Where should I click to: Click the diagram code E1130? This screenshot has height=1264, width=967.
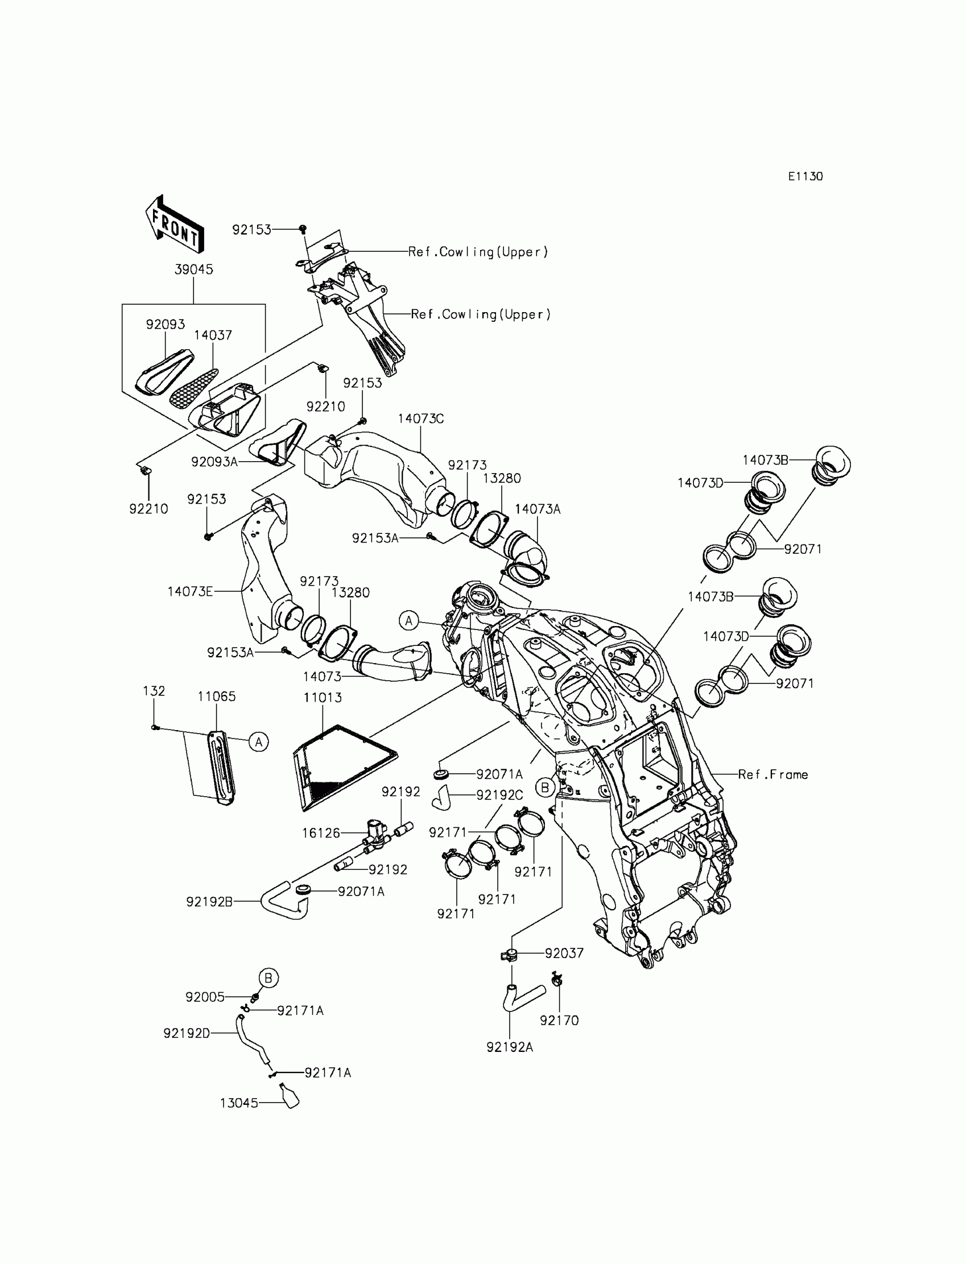pos(805,177)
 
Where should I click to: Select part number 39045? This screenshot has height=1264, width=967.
pos(194,270)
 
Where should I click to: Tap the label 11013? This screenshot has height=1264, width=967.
pos(323,697)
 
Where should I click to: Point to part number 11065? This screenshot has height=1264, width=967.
pos(216,696)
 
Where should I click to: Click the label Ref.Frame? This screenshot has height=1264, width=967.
pos(772,774)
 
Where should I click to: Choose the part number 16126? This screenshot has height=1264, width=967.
pos(321,832)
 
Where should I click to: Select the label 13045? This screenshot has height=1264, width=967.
pos(239,1103)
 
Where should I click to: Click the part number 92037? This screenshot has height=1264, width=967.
pos(564,954)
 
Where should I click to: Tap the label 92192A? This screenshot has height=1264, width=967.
pos(510,1047)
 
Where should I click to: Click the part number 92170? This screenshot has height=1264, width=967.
pos(559,1020)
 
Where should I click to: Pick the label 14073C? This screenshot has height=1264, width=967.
pos(421,419)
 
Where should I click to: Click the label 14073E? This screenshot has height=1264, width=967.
pos(190,591)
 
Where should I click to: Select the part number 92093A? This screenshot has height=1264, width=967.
pos(214,461)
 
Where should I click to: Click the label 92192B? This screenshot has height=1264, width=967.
pos(209,902)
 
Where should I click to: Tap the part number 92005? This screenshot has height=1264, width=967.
pos(205,997)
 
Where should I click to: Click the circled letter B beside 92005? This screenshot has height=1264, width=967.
pos(268,977)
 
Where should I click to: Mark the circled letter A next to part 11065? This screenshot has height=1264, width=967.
pos(259,742)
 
